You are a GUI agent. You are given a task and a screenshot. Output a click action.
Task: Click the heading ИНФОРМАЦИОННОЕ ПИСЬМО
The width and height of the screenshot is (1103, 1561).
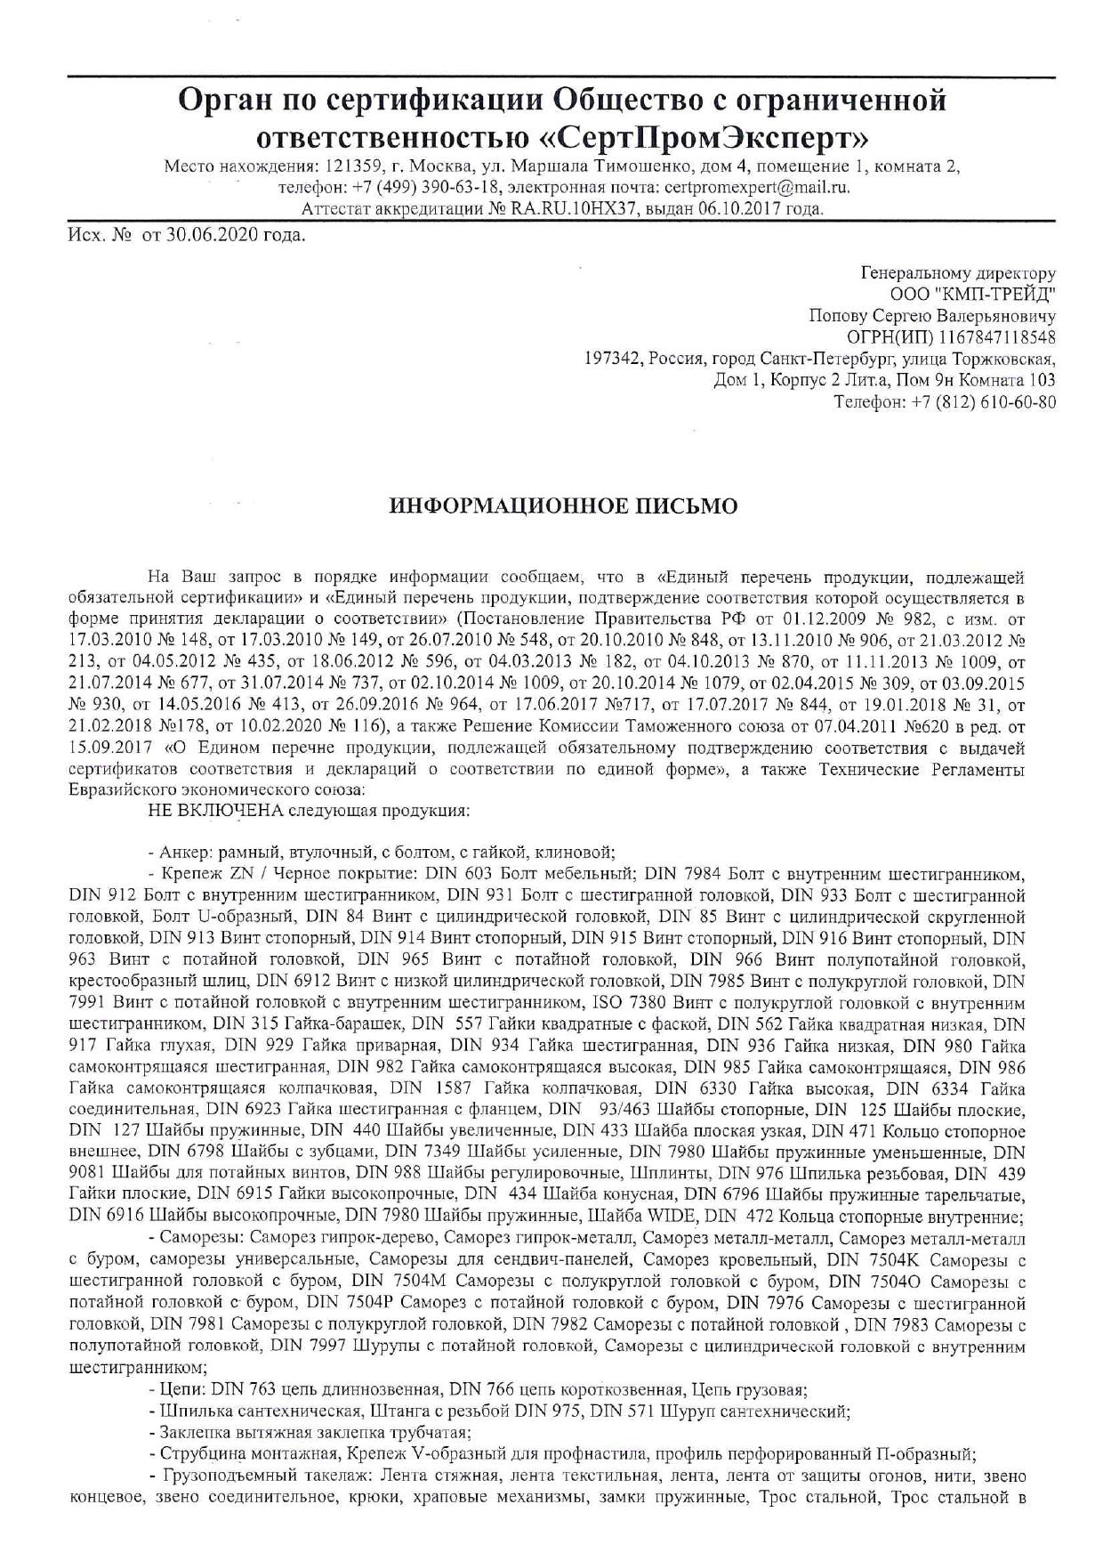564,506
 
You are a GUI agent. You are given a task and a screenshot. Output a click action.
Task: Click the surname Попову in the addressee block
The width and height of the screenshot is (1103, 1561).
841,316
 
